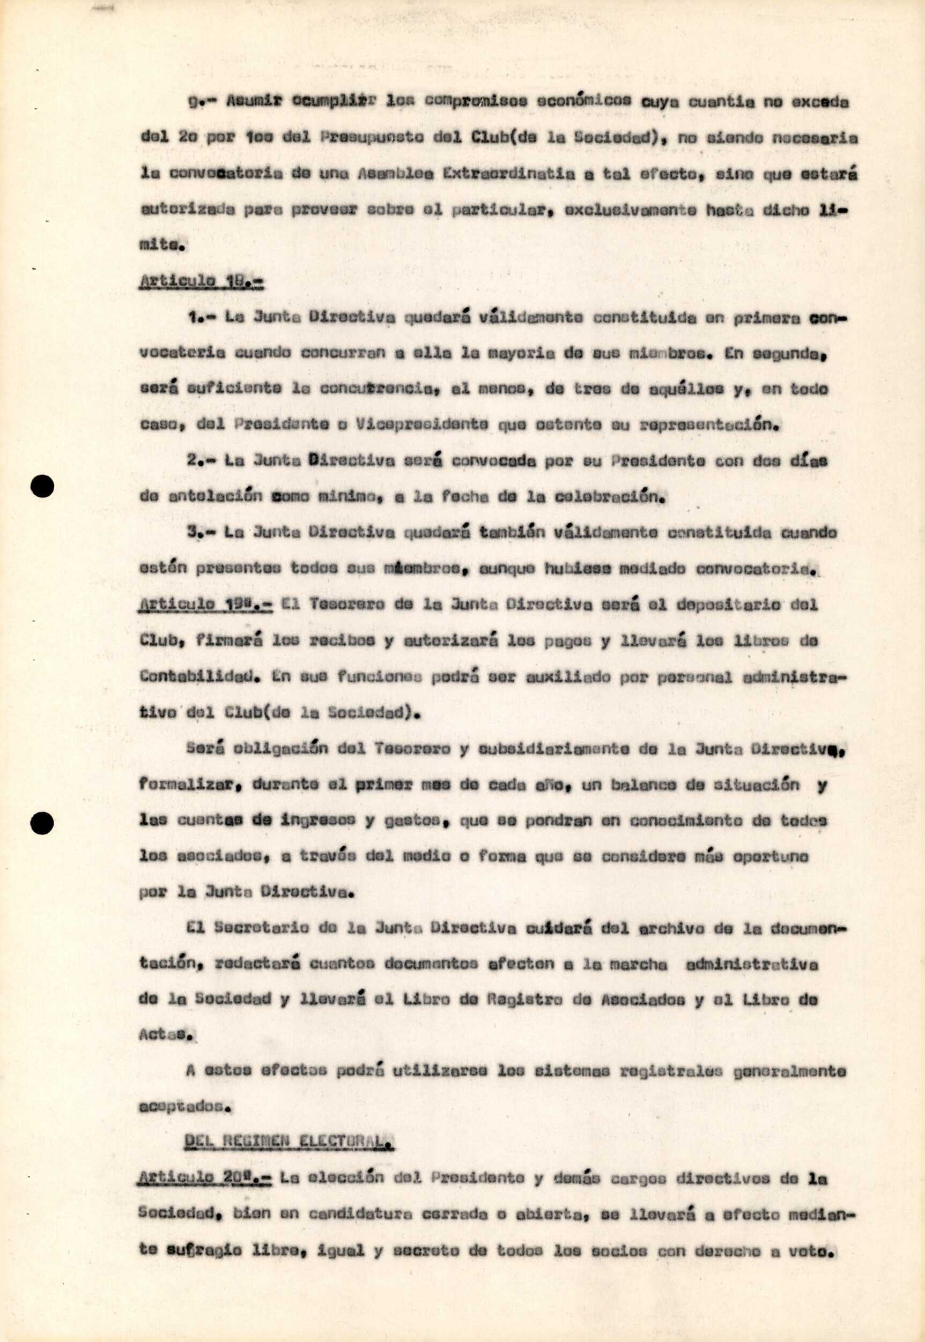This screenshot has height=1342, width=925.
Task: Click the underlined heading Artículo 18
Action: click(x=201, y=281)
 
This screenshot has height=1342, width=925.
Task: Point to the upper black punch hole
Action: click(x=42, y=487)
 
